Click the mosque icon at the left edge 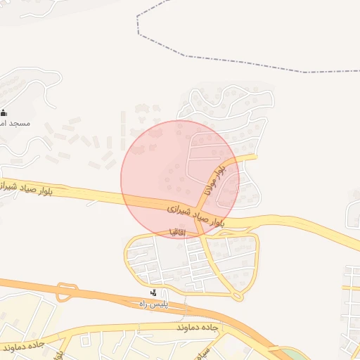tap(4, 112)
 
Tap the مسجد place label tap(17, 123)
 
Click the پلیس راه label tap(153, 304)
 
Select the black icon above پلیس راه tap(154, 292)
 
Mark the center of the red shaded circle tap(180, 179)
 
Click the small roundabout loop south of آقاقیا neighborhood tap(238, 297)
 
